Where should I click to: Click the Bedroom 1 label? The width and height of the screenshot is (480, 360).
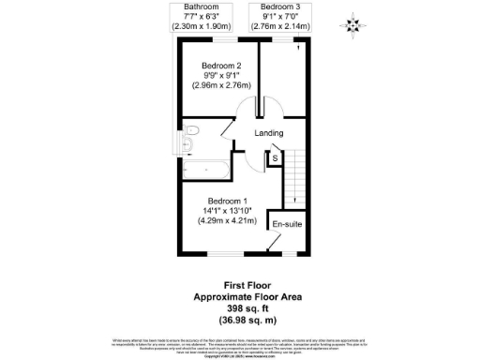pyautogui.click(x=228, y=201)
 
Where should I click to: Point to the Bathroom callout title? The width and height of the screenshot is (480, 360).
pyautogui.click(x=200, y=7)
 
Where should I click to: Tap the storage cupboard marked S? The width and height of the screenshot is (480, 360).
pyautogui.click(x=275, y=158)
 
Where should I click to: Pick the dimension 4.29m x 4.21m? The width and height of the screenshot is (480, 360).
pyautogui.click(x=228, y=221)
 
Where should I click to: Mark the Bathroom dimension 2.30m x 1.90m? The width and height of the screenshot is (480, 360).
pyautogui.click(x=200, y=26)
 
